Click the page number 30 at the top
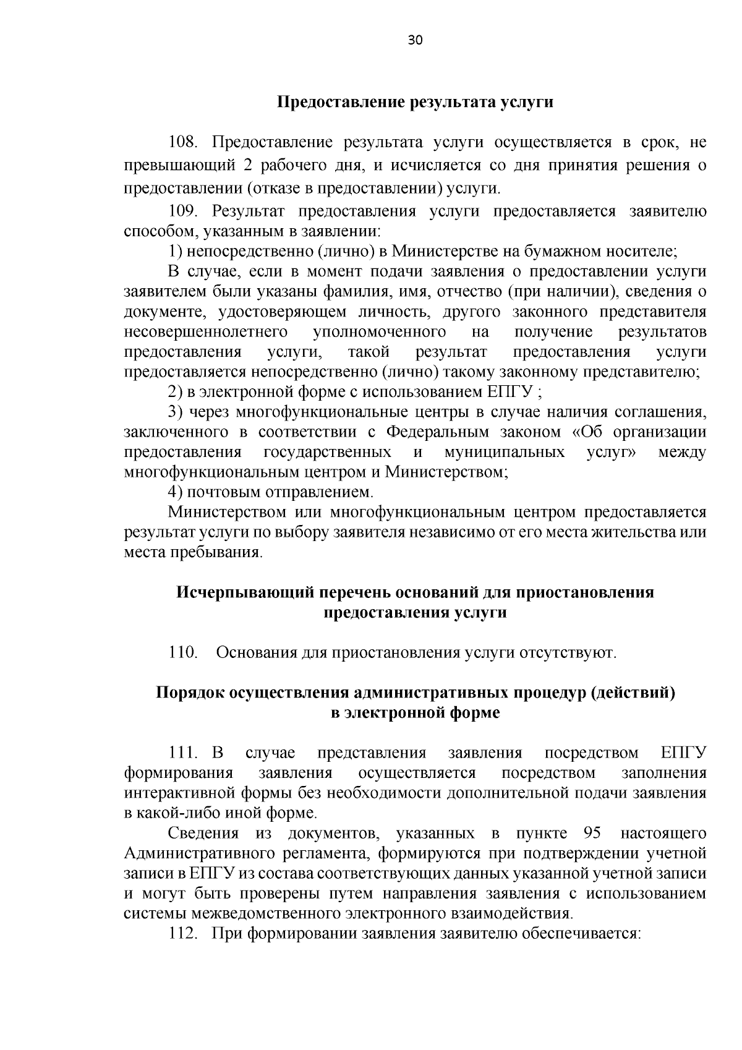click(415, 41)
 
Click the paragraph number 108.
click(182, 143)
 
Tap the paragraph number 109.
click(182, 211)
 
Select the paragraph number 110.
click(182, 653)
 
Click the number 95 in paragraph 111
click(592, 833)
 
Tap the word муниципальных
click(505, 453)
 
